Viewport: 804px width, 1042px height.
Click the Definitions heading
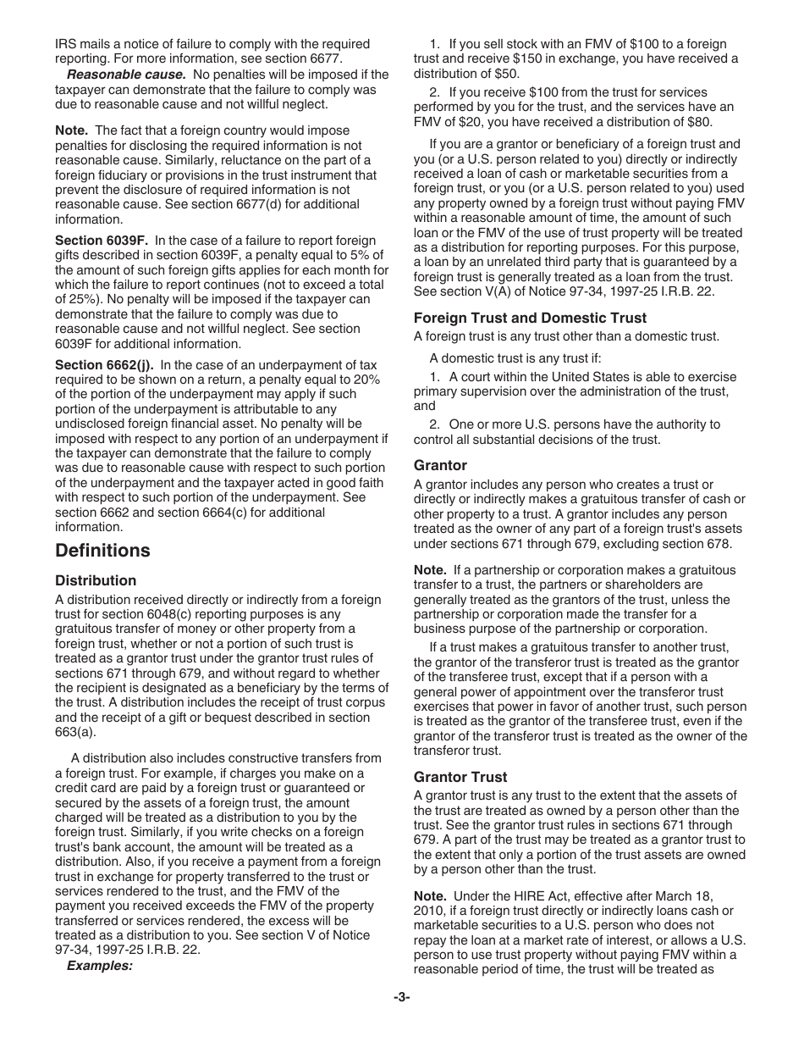102,551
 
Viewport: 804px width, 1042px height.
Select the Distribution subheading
96,581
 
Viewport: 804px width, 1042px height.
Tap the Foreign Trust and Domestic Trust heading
530,318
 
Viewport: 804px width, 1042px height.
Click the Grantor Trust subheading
460,777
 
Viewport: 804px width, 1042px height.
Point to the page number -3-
401,998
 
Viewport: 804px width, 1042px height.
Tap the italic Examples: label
100,965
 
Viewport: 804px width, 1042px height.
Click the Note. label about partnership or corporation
430,570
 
